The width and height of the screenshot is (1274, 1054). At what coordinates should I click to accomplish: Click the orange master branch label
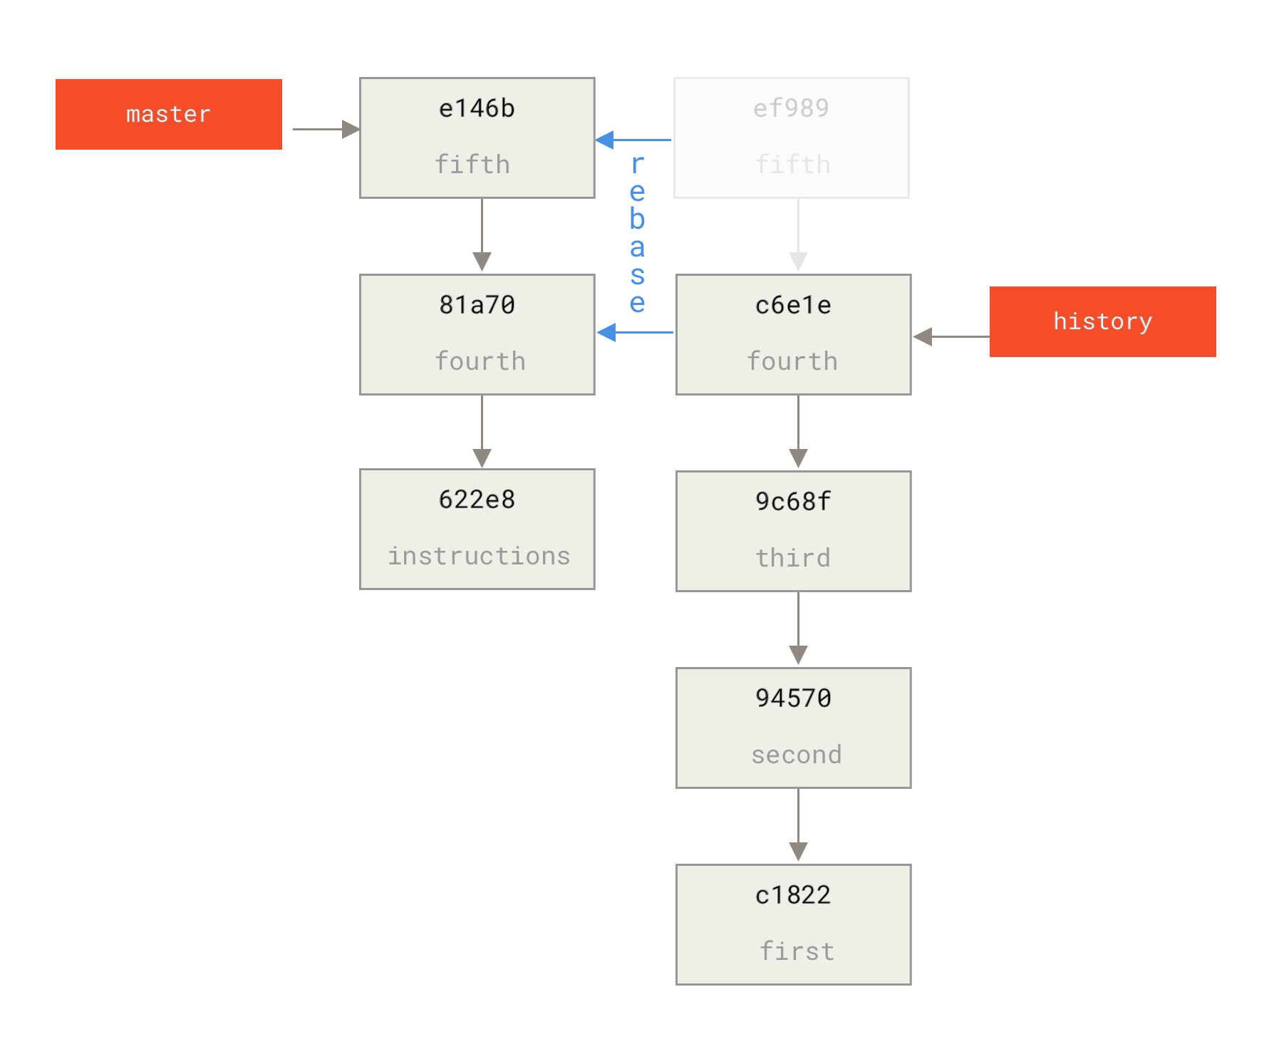point(169,114)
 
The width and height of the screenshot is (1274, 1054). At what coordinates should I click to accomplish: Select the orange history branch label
point(1102,321)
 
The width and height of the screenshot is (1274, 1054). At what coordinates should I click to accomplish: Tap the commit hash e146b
point(477,108)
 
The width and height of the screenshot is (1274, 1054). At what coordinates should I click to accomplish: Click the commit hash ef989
point(791,108)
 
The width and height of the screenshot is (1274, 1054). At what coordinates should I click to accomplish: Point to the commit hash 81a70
point(477,305)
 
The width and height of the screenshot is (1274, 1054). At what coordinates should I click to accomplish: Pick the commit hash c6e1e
point(793,305)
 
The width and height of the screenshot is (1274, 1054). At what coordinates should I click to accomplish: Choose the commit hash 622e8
point(477,500)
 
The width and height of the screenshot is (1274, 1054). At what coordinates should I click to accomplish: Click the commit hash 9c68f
point(793,502)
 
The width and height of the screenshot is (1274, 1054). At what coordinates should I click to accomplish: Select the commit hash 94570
point(793,698)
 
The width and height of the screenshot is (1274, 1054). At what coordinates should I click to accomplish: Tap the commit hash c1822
point(793,895)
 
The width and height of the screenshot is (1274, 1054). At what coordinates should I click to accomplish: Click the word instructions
point(479,556)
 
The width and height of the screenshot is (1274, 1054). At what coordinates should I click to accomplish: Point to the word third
point(793,558)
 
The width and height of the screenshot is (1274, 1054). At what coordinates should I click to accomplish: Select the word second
point(796,755)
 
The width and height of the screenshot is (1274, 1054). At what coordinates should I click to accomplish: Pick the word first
point(797,951)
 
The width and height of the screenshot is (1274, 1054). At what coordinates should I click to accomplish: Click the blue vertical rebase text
point(638,234)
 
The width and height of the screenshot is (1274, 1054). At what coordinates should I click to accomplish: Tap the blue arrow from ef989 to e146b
point(633,140)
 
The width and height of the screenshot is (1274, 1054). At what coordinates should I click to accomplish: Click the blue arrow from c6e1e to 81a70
point(635,332)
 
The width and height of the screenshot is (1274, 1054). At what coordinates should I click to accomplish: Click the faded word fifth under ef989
point(793,165)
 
